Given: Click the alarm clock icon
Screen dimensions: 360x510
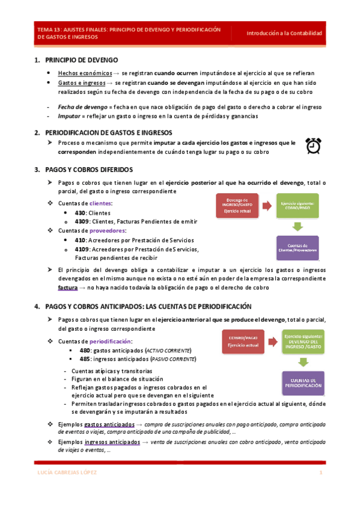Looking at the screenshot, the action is (313, 146).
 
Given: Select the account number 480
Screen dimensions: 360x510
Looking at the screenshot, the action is (85, 350).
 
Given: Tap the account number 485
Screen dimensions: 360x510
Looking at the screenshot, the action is (85, 358).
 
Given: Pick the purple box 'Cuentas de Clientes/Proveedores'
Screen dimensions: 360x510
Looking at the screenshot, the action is (298, 247).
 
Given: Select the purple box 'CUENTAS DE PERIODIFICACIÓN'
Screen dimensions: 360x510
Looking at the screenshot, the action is (303, 382).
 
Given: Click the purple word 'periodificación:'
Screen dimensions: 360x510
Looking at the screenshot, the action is (111, 342).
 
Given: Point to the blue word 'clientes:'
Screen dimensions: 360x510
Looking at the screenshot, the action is (100, 204).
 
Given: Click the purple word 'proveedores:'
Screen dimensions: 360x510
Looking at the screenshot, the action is (107, 231).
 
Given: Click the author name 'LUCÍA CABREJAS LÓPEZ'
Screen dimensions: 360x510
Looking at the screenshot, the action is (66, 473).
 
